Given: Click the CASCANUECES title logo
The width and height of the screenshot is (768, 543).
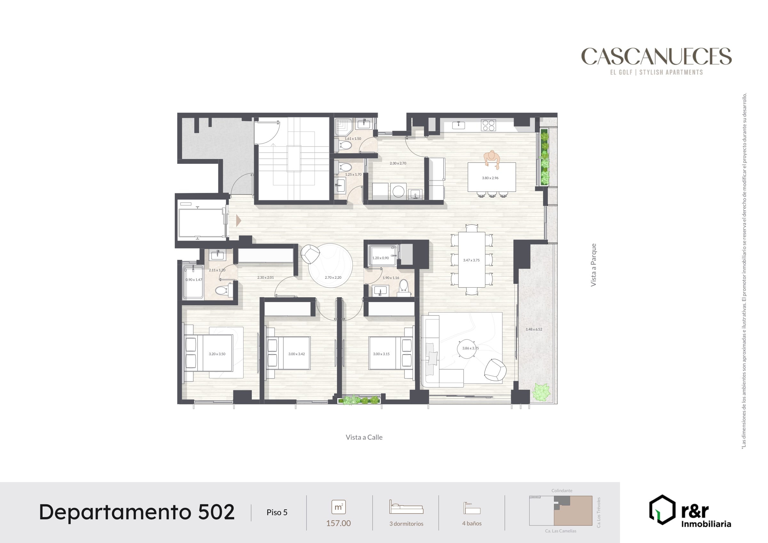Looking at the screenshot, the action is tap(656, 56).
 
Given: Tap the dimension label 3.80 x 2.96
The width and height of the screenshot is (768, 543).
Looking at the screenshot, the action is tap(490, 178).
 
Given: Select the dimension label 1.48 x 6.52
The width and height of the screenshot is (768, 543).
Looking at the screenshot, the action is tap(534, 329).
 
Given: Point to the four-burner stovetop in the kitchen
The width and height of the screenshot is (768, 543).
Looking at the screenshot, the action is tap(488, 125).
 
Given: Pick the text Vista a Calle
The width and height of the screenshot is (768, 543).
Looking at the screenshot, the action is tap(364, 437).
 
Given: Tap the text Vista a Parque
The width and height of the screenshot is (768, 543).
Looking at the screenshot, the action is tap(593, 265).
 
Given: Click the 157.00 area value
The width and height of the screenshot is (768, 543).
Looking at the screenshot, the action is tap(339, 523).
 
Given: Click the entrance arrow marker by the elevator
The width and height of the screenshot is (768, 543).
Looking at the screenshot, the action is tap(238, 220).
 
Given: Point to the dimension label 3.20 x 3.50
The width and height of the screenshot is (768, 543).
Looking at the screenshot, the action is tap(217, 354).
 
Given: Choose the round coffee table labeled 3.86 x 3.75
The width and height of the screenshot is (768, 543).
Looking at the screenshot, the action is tap(467, 349).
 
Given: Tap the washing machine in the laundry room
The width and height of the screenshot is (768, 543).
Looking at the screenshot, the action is tap(398, 191).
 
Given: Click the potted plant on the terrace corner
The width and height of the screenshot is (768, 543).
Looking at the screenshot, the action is tap(541, 392).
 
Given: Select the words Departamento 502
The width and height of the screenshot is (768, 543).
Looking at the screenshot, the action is tap(137, 512).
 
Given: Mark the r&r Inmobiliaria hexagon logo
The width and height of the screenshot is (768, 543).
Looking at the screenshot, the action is tap(662, 509).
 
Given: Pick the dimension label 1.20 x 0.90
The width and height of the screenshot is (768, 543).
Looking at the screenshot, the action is tap(381, 258).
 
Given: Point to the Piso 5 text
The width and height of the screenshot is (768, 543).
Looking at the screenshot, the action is tap(277, 512).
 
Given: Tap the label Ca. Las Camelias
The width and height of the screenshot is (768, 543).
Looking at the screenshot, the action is tap(561, 531).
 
